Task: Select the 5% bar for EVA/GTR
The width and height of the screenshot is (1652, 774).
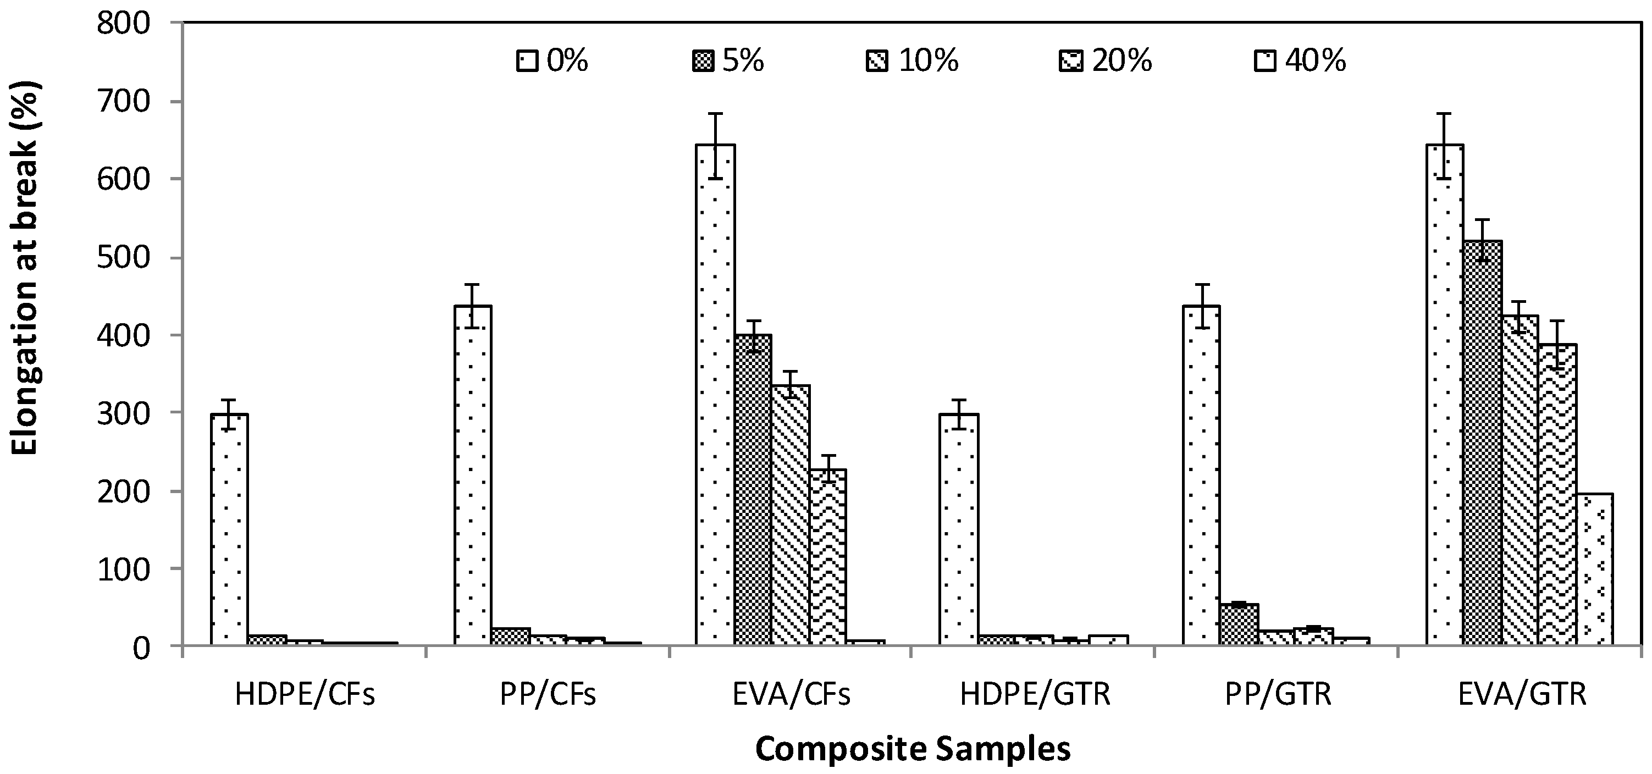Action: click(1482, 443)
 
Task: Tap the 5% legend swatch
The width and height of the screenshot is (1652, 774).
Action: click(702, 62)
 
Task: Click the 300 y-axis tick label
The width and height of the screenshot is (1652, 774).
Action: click(131, 412)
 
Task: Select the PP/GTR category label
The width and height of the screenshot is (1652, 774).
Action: click(1278, 694)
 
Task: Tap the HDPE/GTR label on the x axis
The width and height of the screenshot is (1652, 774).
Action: click(1035, 694)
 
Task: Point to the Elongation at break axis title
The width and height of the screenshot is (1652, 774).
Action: click(26, 268)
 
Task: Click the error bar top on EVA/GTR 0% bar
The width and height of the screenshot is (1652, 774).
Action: click(1445, 113)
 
